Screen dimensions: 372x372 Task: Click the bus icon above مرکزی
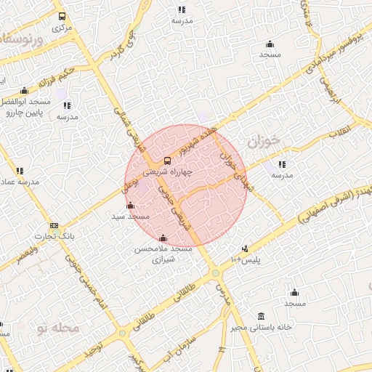62,16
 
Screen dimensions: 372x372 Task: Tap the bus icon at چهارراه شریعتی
168,160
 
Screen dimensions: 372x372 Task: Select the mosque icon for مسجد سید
130,205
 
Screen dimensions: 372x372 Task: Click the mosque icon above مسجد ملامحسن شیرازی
163,238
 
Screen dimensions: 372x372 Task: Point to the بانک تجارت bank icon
54,225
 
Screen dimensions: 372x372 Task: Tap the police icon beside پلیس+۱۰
245,248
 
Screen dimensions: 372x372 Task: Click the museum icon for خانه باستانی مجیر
262,316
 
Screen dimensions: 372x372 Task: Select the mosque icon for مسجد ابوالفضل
25,91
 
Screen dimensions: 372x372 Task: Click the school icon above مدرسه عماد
19,171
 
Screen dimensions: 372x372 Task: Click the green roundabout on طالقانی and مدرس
216,273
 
